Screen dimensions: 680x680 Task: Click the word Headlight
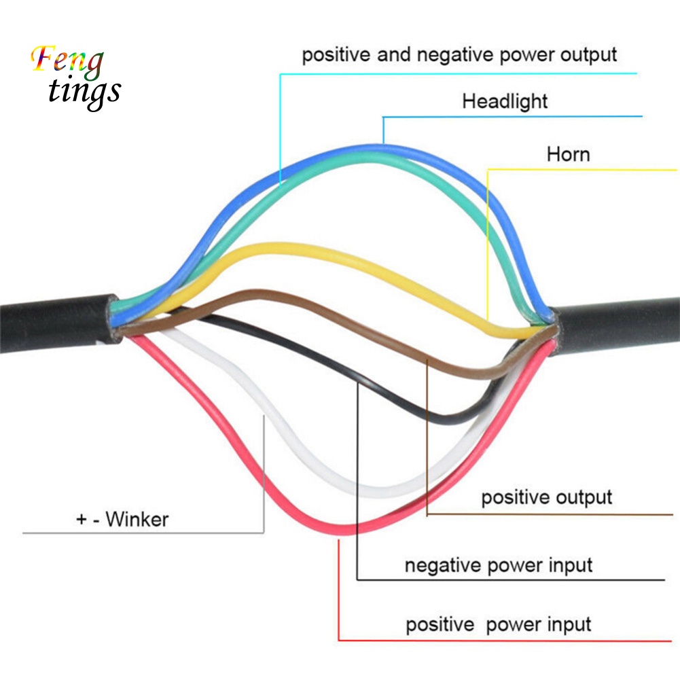504,102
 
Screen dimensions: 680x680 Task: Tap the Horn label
568,154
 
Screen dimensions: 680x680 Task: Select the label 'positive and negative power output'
459,54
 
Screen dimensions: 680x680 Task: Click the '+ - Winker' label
122,520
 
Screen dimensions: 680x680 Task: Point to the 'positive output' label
546,497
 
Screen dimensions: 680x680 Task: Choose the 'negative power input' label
498,565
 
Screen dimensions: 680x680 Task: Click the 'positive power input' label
498,624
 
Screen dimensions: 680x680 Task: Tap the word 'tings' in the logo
85,92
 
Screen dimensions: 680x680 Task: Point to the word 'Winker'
137,520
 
